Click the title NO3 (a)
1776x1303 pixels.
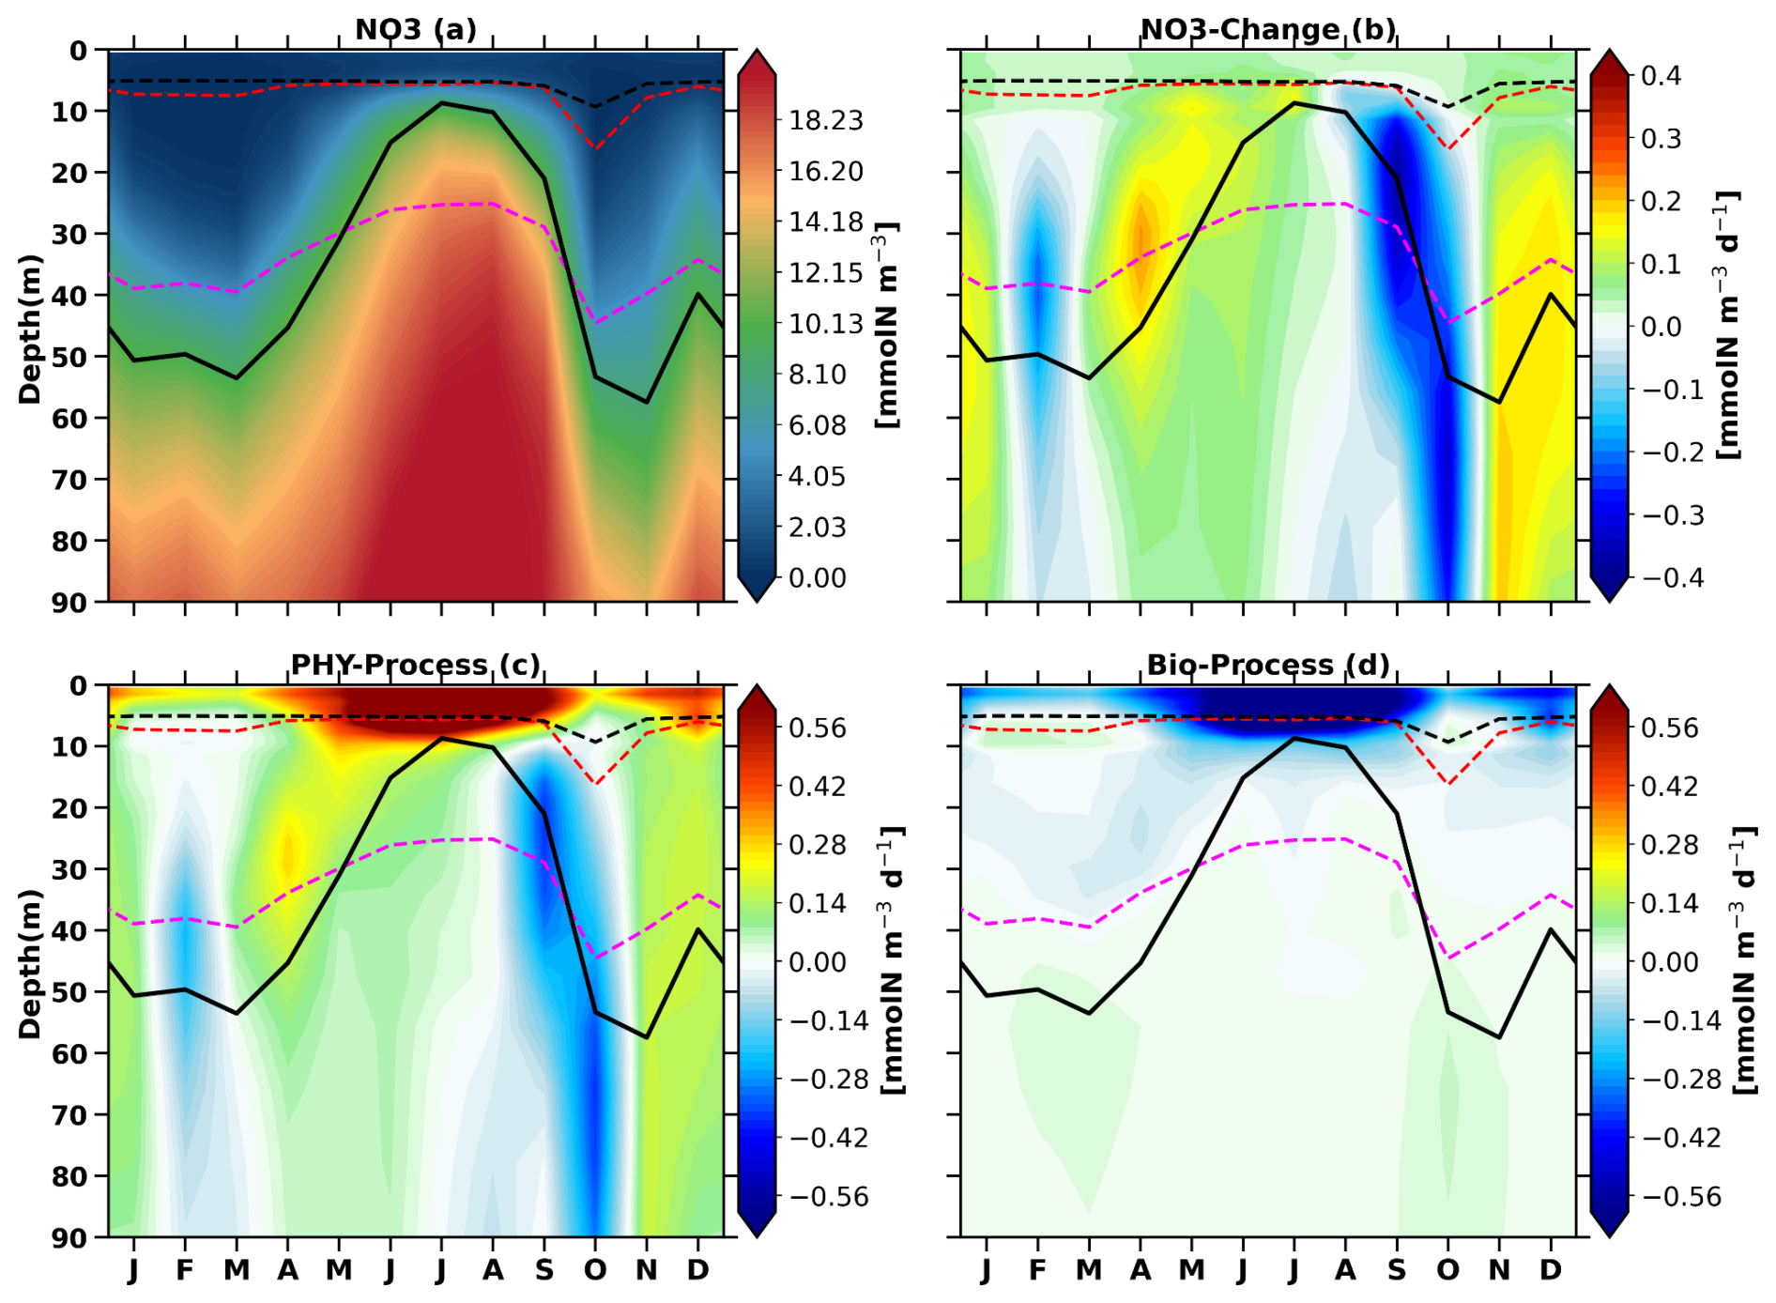click(x=416, y=29)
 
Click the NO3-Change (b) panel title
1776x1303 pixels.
click(x=1267, y=29)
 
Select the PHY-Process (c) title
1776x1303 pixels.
click(x=416, y=665)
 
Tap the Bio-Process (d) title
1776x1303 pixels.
click(x=1267, y=665)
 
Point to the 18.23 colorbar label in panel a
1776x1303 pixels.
click(x=826, y=120)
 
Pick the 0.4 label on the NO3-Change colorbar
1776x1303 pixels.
click(x=1661, y=75)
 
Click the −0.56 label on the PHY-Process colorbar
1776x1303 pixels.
click(x=830, y=1197)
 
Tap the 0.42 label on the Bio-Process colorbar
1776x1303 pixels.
click(x=1670, y=786)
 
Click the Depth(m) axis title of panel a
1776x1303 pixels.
click(x=31, y=329)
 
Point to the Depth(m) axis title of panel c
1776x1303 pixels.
click(x=31, y=963)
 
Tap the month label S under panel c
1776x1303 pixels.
click(x=544, y=1270)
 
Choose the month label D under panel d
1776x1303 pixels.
click(x=1551, y=1270)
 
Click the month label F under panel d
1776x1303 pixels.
click(x=1037, y=1270)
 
